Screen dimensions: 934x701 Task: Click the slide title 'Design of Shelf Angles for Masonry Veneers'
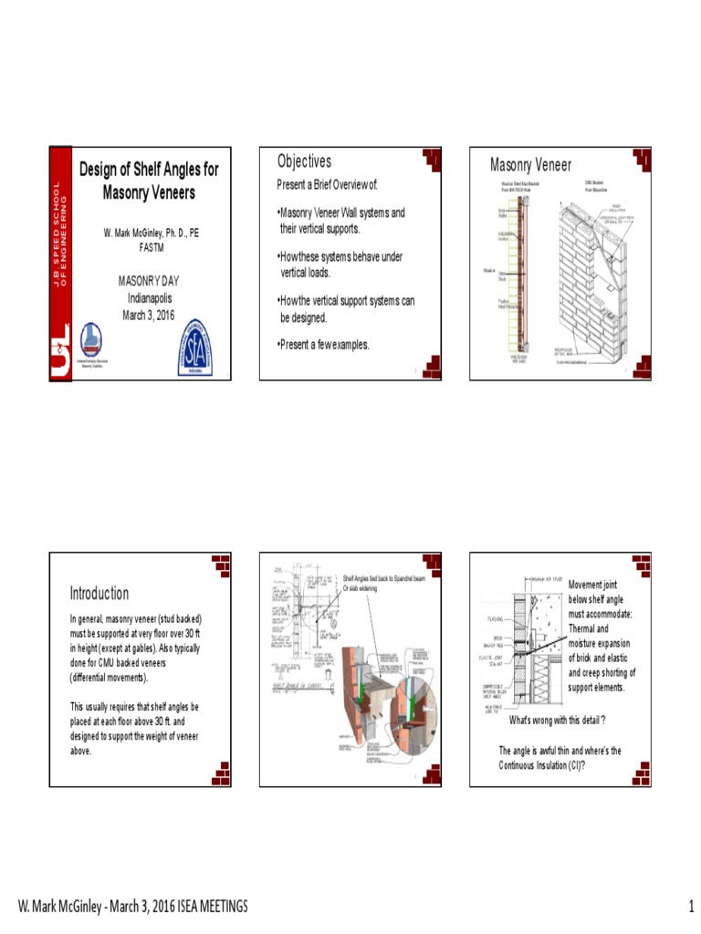[x=149, y=181]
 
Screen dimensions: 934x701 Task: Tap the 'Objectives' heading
[x=304, y=161]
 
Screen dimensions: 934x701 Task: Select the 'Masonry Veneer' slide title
[x=530, y=165]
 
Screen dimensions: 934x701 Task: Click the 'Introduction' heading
[x=99, y=594]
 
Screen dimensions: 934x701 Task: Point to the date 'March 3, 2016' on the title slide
[x=148, y=316]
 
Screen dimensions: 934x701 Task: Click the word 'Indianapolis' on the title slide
[x=149, y=298]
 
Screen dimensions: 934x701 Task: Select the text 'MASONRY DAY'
[x=149, y=281]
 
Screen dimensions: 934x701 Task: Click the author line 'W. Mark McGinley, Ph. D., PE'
[x=151, y=233]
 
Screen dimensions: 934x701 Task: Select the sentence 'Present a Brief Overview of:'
[x=327, y=186]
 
